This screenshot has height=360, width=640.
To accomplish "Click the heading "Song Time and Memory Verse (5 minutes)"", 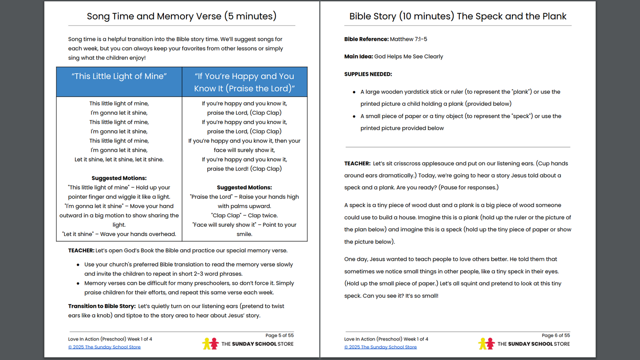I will [x=182, y=16].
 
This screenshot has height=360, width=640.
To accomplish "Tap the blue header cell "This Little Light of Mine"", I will [x=119, y=76].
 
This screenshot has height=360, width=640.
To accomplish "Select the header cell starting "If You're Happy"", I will [x=244, y=82].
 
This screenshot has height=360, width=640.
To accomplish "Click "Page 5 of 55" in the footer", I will [x=279, y=336].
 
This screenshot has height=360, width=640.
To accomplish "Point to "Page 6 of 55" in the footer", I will [x=555, y=336].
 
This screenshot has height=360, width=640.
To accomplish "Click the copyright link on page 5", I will [x=105, y=347].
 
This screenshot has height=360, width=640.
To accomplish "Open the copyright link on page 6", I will [x=380, y=347].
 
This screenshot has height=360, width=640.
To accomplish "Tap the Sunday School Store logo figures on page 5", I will [x=210, y=344].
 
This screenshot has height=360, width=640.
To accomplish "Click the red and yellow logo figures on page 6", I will [x=486, y=344].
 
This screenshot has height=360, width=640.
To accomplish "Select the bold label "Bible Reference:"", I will [x=366, y=39].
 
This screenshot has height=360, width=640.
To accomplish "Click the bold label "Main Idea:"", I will [x=358, y=57].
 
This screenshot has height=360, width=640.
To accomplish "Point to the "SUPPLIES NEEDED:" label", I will [x=368, y=74].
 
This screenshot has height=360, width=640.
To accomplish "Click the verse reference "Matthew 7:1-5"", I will [x=408, y=39].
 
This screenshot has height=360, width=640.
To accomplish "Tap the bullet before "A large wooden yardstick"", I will [x=354, y=92].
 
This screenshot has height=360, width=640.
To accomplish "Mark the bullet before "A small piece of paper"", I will [x=354, y=116].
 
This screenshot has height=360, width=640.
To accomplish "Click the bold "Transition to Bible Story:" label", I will [x=101, y=306].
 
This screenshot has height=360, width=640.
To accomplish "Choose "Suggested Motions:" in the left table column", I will [x=119, y=178].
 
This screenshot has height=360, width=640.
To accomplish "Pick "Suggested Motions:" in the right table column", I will [x=244, y=187].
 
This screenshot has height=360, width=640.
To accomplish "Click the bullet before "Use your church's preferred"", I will [x=78, y=265].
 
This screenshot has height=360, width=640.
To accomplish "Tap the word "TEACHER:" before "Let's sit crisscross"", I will [x=357, y=164].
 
